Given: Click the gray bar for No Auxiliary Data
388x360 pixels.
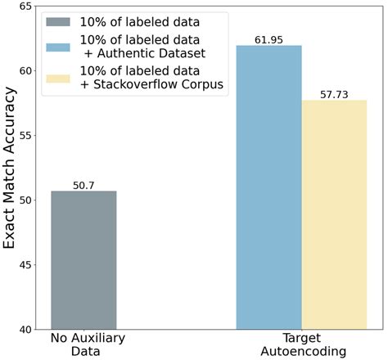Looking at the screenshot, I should tap(83, 260).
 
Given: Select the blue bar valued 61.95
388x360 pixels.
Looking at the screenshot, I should tap(268, 187).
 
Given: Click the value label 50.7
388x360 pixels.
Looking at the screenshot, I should tap(83, 184).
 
